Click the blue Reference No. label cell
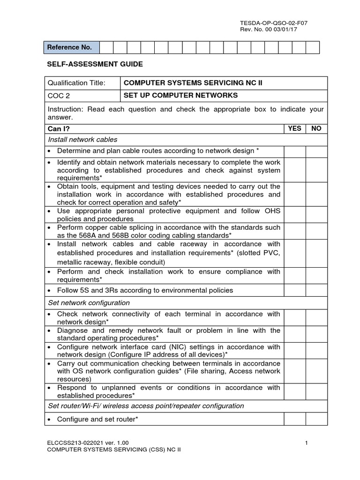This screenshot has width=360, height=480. pyautogui.click(x=72, y=47)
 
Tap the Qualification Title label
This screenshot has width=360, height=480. pyautogui.click(x=76, y=83)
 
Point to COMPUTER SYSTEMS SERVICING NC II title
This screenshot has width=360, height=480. pyautogui.click(x=193, y=83)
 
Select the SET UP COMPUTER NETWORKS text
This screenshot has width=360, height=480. pyautogui.click(x=180, y=96)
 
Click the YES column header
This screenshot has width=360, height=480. pyautogui.click(x=294, y=128)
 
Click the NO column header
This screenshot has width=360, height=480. pyautogui.click(x=316, y=128)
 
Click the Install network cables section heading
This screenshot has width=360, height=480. pyautogui.click(x=82, y=139)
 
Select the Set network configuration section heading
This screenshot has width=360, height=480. pyautogui.click(x=89, y=303)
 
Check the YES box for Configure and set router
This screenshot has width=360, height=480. pyautogui.click(x=294, y=419)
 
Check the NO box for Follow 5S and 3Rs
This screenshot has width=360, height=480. pyautogui.click(x=316, y=290)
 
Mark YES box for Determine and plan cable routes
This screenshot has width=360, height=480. pyautogui.click(x=294, y=151)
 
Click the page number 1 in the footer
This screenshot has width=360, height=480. pyautogui.click(x=306, y=442)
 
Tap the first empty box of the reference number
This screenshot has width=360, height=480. pyautogui.click(x=106, y=47)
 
